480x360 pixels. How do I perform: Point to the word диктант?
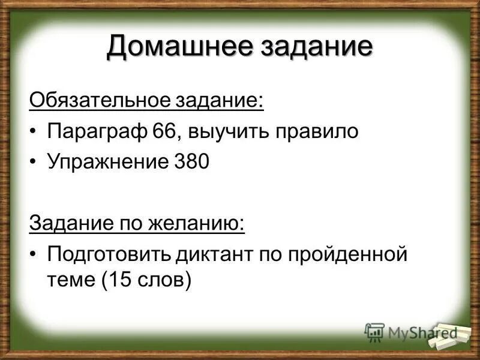click(215, 254)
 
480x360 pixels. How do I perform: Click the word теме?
click(67, 280)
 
